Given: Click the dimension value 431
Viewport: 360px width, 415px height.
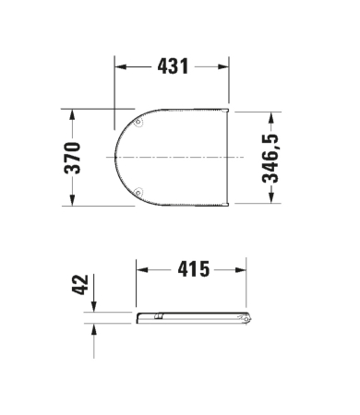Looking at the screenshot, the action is [173, 66].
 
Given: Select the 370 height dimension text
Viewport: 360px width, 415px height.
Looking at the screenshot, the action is [72, 158].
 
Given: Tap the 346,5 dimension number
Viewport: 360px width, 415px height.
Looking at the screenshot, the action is [270, 159].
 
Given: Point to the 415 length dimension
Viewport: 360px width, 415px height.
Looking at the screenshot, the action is [194, 269].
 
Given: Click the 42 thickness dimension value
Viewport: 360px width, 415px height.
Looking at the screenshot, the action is [80, 285].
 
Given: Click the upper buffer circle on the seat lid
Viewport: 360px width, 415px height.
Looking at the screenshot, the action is [138, 122].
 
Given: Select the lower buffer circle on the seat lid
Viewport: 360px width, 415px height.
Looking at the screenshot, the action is [138, 193].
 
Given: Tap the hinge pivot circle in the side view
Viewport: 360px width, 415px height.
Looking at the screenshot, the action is [246, 319].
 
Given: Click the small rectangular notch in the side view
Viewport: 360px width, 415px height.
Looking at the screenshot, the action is [159, 316].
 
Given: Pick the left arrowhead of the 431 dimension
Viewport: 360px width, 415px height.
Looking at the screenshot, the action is [120, 66].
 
